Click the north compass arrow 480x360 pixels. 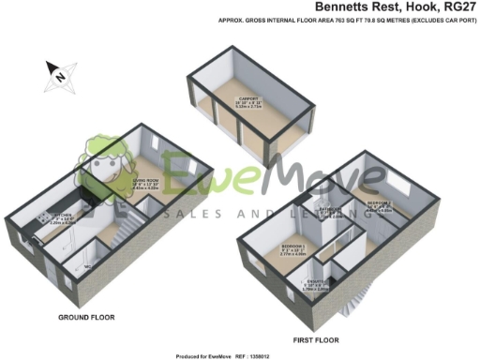tap(57, 72)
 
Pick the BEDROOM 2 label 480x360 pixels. tap(379, 203)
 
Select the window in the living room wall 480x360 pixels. tap(156, 142)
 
